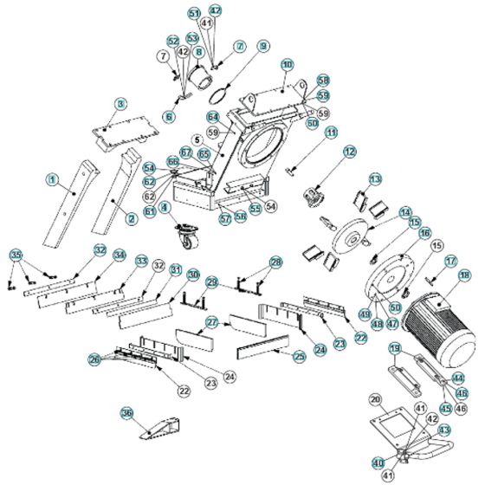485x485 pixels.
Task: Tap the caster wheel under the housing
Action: pos(185,236)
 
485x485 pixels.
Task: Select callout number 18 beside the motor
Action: pos(464,276)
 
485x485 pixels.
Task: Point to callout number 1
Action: pos(52,180)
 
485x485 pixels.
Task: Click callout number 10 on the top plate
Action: pos(288,65)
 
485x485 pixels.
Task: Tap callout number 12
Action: pos(350,151)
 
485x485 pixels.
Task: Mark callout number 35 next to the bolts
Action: pos(15,255)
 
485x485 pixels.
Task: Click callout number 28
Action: pos(275,261)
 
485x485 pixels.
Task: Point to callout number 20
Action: pos(375,399)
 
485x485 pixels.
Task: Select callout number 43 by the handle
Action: pos(445,430)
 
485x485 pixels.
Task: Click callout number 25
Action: pos(300,356)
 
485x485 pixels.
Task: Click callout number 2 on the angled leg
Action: pos(131,219)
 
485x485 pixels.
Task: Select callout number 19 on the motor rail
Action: pos(393,348)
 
